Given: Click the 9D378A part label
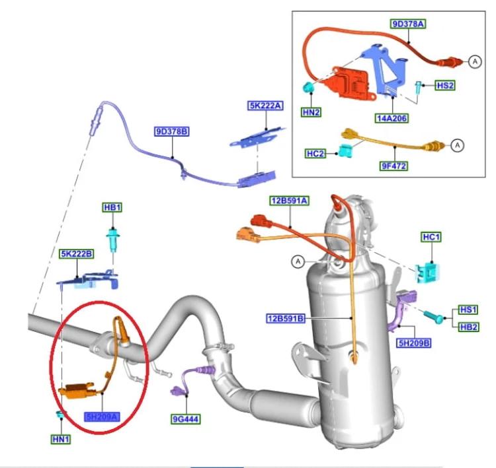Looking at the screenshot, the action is [408, 24].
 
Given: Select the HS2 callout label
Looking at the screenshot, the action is [445, 85].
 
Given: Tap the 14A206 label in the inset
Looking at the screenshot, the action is [392, 118].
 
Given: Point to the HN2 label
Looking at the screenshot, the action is [311, 112].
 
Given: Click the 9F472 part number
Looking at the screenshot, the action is [393, 166].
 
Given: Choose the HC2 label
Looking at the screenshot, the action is [315, 154].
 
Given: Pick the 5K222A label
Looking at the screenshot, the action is [265, 106].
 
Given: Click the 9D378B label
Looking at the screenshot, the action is [172, 131].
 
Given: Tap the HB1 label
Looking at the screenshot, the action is [112, 207].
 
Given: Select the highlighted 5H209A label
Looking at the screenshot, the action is [102, 417].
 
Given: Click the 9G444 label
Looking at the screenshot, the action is [186, 419].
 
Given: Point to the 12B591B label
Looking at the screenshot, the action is [286, 318].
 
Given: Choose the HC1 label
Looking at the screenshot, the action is [431, 237].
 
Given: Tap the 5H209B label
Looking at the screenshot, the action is [414, 343].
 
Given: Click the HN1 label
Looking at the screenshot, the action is [61, 439].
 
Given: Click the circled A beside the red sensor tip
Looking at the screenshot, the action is [475, 61].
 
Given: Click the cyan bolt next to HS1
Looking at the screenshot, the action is [434, 317].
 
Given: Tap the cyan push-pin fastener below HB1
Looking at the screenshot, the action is [113, 239].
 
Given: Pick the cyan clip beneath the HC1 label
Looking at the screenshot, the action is [427, 272].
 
